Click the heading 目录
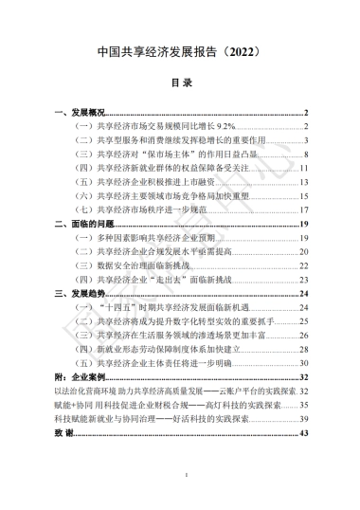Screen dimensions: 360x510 tap(180, 83)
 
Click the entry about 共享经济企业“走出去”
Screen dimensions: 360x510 tap(151, 279)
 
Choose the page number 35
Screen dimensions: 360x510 tap(305, 404)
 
